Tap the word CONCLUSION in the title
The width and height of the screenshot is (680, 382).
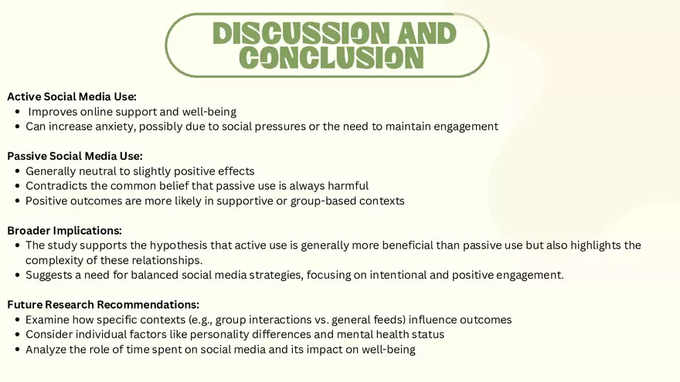click(332, 57)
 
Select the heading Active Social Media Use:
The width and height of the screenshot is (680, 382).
click(72, 96)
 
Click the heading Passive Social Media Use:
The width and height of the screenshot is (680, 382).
click(75, 156)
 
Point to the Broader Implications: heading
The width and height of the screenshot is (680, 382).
click(65, 230)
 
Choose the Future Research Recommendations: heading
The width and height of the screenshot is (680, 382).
click(104, 304)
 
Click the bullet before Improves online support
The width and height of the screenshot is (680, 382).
click(18, 112)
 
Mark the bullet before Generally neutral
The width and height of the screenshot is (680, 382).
click(18, 171)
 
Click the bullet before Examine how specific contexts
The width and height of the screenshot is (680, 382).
click(18, 319)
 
